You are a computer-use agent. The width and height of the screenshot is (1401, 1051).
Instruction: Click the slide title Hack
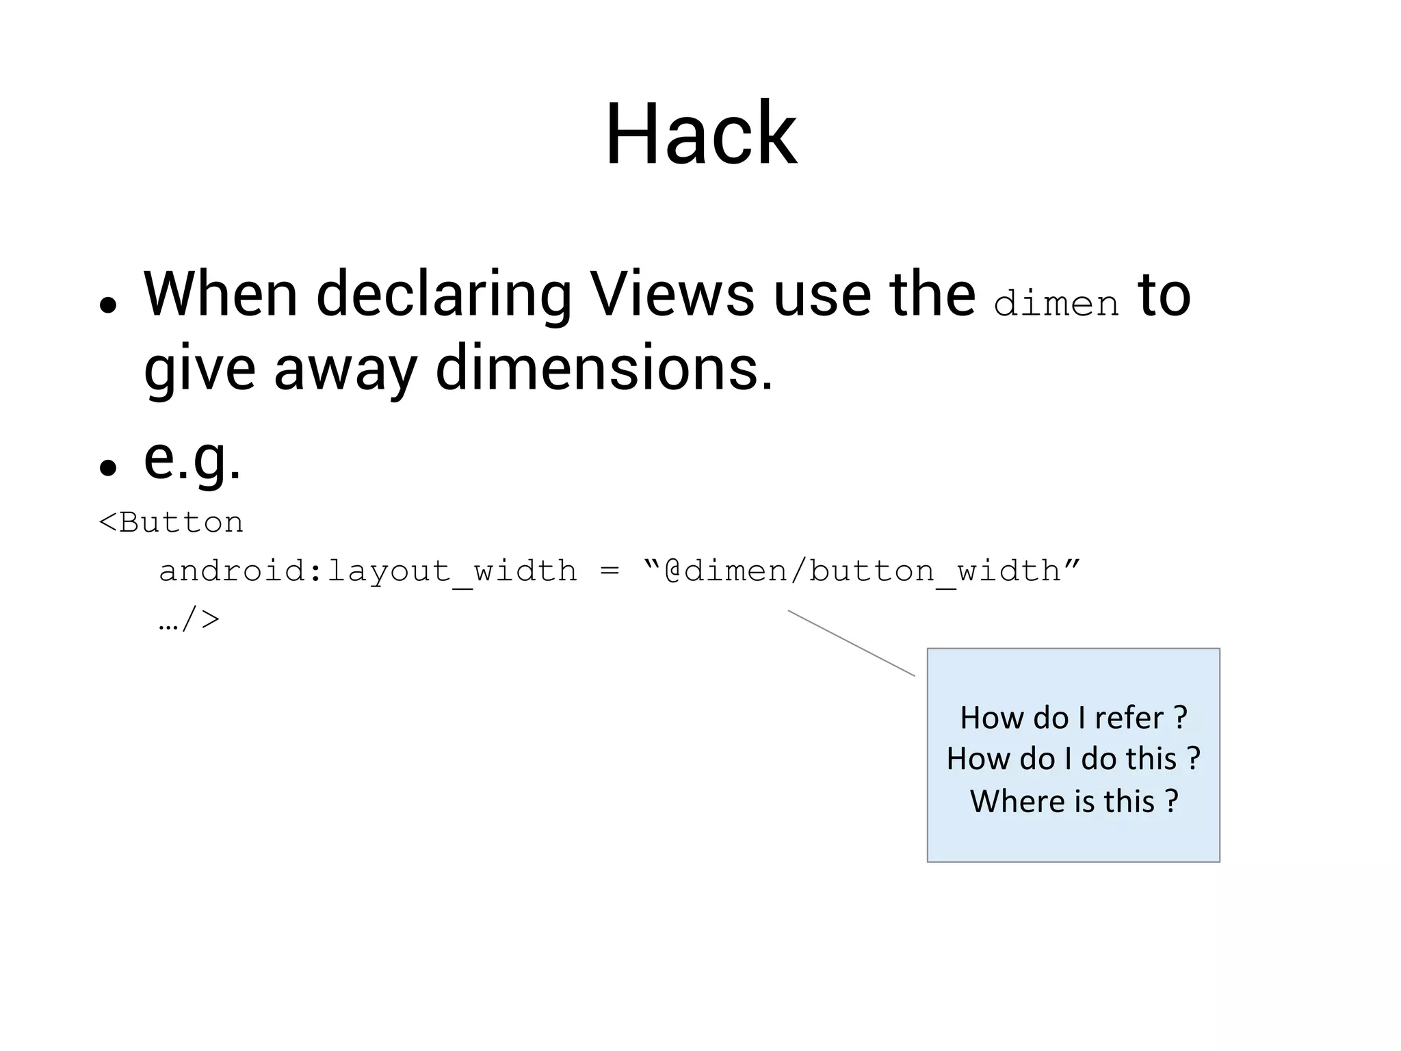coord(700,134)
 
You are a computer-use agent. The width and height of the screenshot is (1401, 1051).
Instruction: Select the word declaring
coord(443,296)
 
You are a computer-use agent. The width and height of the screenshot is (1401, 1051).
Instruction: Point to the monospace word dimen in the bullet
coord(1056,303)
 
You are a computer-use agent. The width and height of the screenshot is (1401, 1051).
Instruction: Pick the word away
coord(345,369)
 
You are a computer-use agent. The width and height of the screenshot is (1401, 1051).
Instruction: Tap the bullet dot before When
coord(107,305)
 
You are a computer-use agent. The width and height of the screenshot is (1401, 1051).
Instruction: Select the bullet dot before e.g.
coord(107,468)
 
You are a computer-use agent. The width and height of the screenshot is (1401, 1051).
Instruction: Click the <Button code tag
coord(171,523)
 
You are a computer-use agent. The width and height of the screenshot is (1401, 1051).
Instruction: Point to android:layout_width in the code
coord(367,571)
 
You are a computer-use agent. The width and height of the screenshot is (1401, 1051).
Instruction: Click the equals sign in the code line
coord(610,571)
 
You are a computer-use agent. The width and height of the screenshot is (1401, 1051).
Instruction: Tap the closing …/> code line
coord(189,619)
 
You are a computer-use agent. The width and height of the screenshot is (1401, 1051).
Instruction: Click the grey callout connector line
coord(851,643)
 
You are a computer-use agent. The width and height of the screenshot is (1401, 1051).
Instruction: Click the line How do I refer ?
coord(1073,718)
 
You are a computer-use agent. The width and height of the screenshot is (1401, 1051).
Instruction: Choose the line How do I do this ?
coord(1073,759)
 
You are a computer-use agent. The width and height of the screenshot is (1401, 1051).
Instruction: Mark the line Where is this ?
coord(1073,801)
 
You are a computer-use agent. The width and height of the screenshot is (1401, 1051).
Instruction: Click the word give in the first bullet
coord(199,369)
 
